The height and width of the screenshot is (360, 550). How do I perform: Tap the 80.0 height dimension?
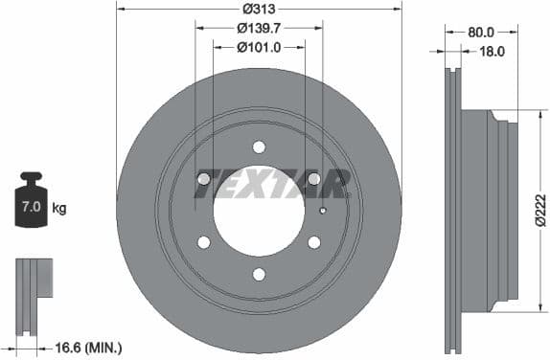tap(481, 31)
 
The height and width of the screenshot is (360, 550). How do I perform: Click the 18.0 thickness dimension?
tap(491, 53)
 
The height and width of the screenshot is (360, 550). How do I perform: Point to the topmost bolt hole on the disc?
tap(259, 146)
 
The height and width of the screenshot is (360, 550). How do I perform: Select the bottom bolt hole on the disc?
tap(259, 274)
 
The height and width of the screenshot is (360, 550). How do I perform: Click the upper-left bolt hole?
tap(203, 179)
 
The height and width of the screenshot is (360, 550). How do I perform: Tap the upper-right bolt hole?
tap(314, 179)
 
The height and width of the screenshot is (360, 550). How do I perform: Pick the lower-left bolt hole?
tap(203, 242)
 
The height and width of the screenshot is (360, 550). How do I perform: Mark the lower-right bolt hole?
tap(314, 242)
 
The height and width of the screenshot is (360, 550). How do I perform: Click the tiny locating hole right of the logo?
tap(324, 212)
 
